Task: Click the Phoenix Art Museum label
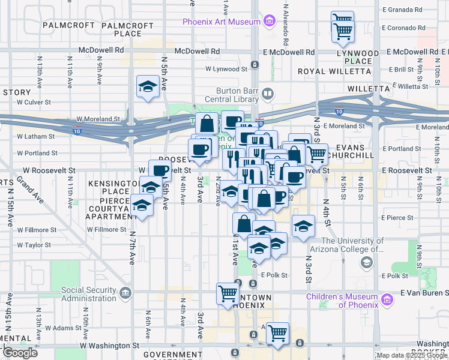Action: coord(221,22)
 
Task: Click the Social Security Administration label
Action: coord(89,294)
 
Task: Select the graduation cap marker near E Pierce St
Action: coord(304,226)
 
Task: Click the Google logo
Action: coord(20,353)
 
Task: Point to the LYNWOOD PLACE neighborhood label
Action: coord(358,57)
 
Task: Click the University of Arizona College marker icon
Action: coord(366,263)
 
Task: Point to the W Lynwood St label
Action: coord(226,69)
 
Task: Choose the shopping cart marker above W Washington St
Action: coord(277,333)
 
